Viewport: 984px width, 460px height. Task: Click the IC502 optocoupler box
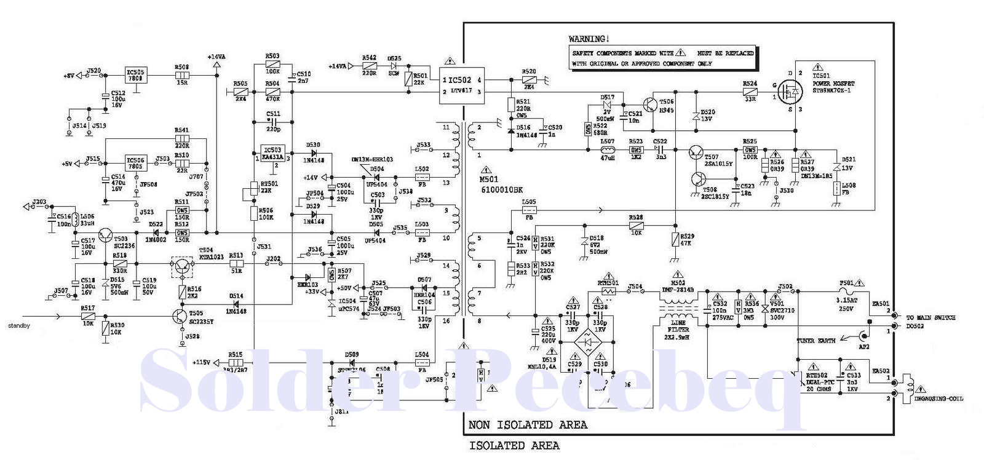point(460,85)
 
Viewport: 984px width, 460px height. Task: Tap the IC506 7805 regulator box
point(135,163)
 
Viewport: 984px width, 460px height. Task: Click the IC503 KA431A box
point(272,153)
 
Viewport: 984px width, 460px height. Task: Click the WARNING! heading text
point(589,39)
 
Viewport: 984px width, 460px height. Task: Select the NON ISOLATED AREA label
point(528,425)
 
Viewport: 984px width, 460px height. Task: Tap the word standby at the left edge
point(18,326)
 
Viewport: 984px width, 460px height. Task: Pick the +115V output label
point(202,362)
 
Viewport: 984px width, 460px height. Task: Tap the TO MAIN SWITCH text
point(930,317)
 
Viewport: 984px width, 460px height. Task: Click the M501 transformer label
point(490,179)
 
